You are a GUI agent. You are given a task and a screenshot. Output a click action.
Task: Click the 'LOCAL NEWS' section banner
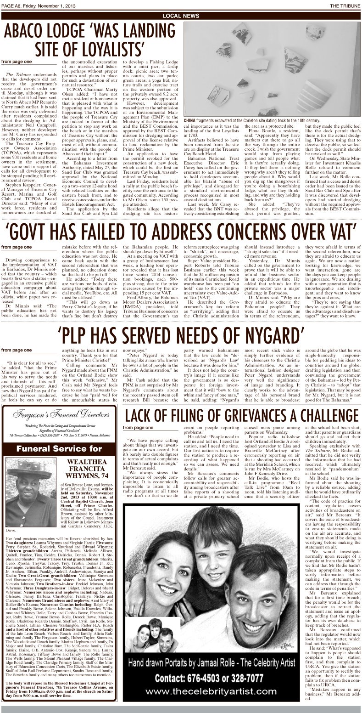[x=181, y=16]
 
